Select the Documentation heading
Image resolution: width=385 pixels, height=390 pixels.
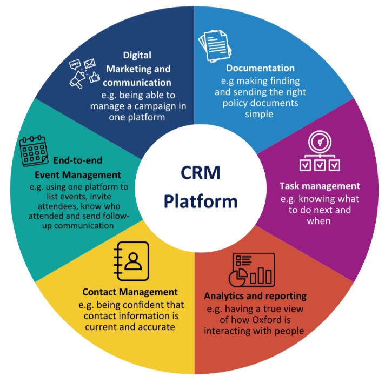pyautogui.click(x=260, y=68)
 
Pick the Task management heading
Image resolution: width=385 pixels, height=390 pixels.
pyautogui.click(x=320, y=186)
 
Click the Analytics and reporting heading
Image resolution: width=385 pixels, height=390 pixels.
pyautogui.click(x=255, y=296)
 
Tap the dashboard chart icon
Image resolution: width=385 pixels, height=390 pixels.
pyautogui.click(x=252, y=271)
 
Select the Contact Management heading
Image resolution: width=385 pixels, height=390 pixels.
pyautogui.click(x=132, y=292)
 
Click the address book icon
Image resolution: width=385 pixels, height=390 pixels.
pyautogui.click(x=130, y=260)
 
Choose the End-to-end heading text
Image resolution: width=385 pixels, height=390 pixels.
pyautogui.click(x=78, y=160)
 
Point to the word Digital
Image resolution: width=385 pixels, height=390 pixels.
pyautogui.click(x=137, y=55)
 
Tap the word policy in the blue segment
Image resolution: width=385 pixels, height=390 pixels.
pyautogui.click(x=236, y=103)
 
